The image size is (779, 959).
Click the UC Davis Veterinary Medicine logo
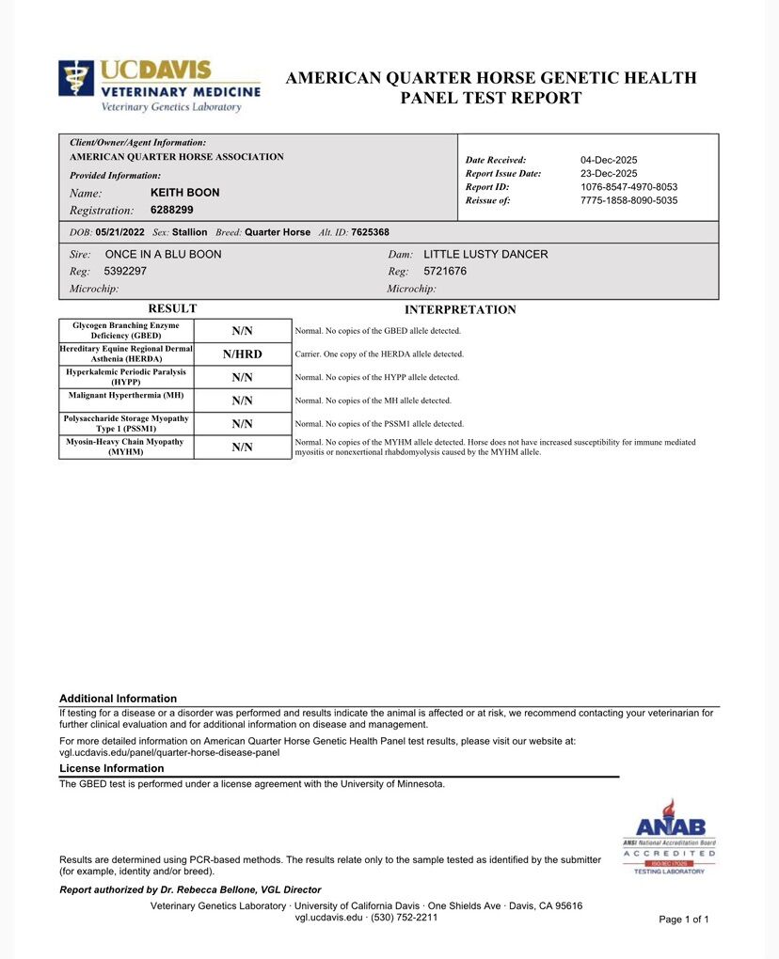tap(159, 86)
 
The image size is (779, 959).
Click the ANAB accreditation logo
tap(669, 837)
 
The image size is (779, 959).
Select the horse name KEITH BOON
tap(184, 193)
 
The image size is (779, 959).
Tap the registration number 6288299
tap(171, 211)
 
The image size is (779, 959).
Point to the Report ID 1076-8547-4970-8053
tap(628, 187)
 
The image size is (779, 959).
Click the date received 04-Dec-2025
tap(609, 160)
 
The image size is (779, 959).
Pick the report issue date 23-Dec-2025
tap(609, 174)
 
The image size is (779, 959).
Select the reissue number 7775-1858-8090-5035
tap(628, 200)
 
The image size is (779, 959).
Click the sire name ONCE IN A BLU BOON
tap(163, 255)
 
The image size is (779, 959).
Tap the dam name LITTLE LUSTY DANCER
tap(485, 255)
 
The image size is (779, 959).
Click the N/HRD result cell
tap(243, 354)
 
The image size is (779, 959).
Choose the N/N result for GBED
tap(243, 331)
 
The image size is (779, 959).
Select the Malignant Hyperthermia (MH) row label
tap(126, 395)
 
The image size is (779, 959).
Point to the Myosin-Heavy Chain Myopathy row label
tap(126, 447)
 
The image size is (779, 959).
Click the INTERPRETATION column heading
tap(460, 310)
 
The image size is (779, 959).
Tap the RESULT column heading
tap(172, 308)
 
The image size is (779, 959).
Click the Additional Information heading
tap(118, 699)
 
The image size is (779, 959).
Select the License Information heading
tap(112, 769)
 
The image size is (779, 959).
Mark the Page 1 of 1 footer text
tap(684, 920)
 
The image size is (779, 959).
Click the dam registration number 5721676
tap(445, 272)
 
